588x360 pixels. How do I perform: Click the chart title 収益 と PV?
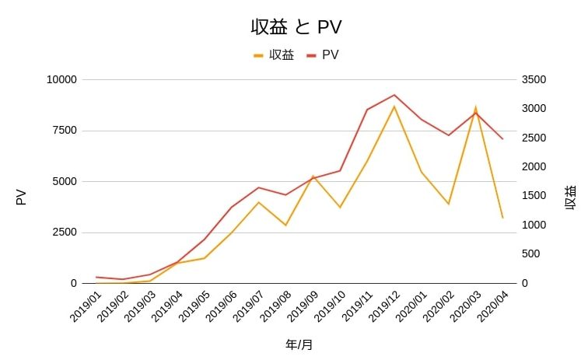[x=296, y=26]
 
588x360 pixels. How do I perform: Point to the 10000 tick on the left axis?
[x=61, y=79]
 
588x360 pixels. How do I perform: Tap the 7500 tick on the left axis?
[x=64, y=131]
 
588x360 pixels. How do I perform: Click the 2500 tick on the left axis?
[x=64, y=232]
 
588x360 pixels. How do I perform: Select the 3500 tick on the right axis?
[x=534, y=79]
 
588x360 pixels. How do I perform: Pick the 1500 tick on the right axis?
[x=534, y=196]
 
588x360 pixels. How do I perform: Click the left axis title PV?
[x=21, y=197]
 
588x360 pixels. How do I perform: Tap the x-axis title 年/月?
[x=299, y=344]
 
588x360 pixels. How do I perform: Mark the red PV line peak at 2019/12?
[x=394, y=95]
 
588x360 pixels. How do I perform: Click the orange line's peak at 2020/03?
[x=475, y=107]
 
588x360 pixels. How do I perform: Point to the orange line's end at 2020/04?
[x=502, y=218]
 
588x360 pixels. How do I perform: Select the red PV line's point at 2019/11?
[x=367, y=110]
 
